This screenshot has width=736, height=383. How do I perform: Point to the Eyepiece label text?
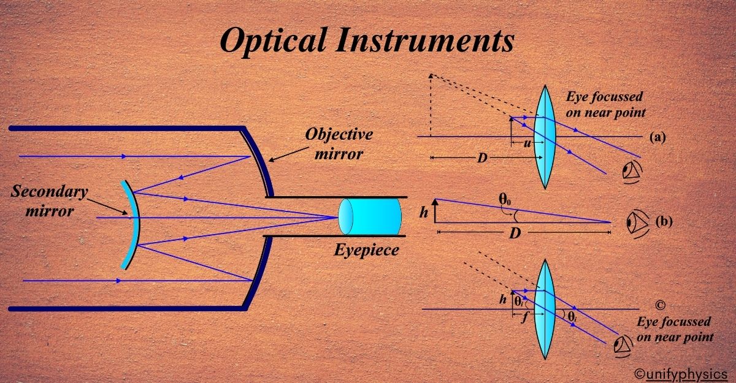[366, 250]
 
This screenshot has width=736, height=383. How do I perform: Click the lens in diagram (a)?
[544, 136]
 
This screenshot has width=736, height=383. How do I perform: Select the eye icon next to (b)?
[636, 222]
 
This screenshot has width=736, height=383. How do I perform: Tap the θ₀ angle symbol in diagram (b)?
[505, 199]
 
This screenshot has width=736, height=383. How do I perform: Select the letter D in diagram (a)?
[483, 159]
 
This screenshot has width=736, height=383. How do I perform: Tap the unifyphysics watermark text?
[683, 373]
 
